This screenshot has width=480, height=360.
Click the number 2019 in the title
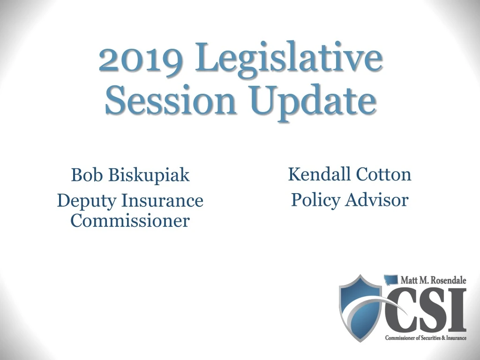pyautogui.click(x=140, y=59)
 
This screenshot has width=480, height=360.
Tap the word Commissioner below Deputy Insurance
pyautogui.click(x=130, y=220)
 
